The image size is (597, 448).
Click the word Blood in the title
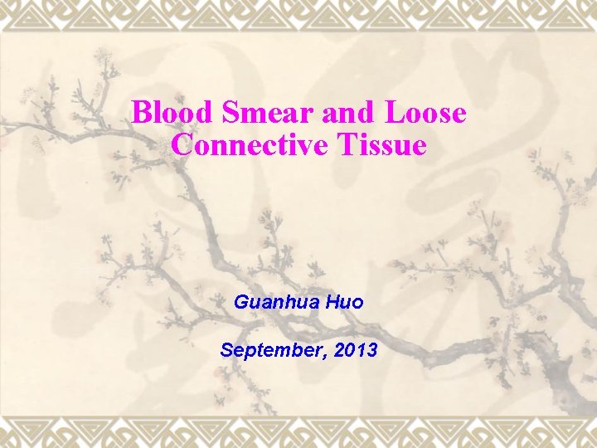click(x=163, y=113)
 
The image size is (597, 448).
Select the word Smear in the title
click(x=240, y=113)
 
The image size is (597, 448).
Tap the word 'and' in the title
click(x=314, y=113)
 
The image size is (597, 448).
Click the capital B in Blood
click(x=142, y=113)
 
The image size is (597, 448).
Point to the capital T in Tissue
click(x=347, y=145)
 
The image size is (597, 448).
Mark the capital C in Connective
click(x=182, y=145)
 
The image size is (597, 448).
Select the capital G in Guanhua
click(x=241, y=302)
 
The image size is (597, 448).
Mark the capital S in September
click(x=226, y=350)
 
